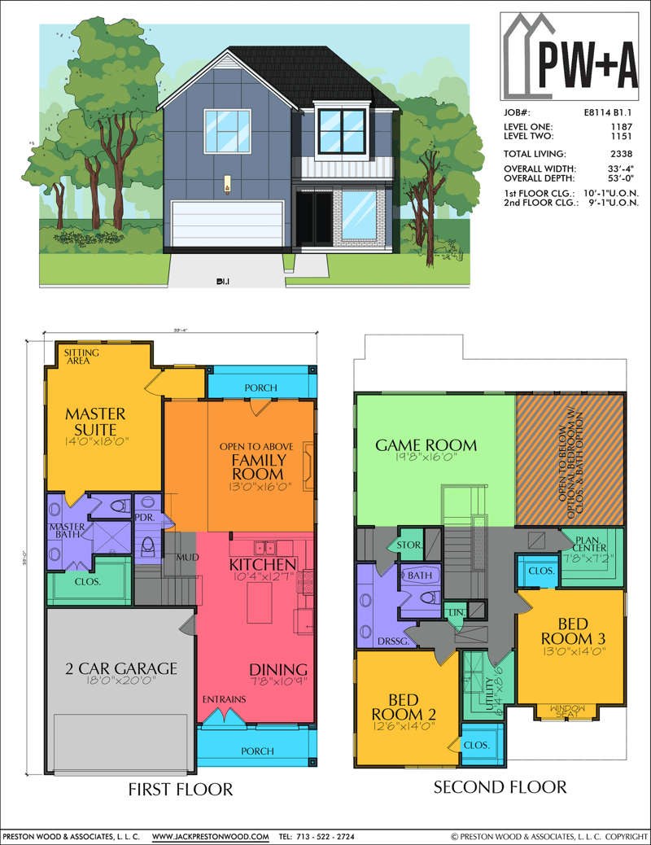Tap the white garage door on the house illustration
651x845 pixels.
point(227,221)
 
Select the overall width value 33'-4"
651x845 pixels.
point(623,169)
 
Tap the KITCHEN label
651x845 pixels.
point(262,564)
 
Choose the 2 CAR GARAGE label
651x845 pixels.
point(121,668)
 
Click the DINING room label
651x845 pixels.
point(278,669)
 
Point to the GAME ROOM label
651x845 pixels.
point(426,444)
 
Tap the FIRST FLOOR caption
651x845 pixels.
point(181,789)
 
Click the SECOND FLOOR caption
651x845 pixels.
point(500,786)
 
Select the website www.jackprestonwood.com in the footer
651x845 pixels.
point(211,836)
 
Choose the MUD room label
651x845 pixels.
point(189,558)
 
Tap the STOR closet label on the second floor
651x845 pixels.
point(408,545)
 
